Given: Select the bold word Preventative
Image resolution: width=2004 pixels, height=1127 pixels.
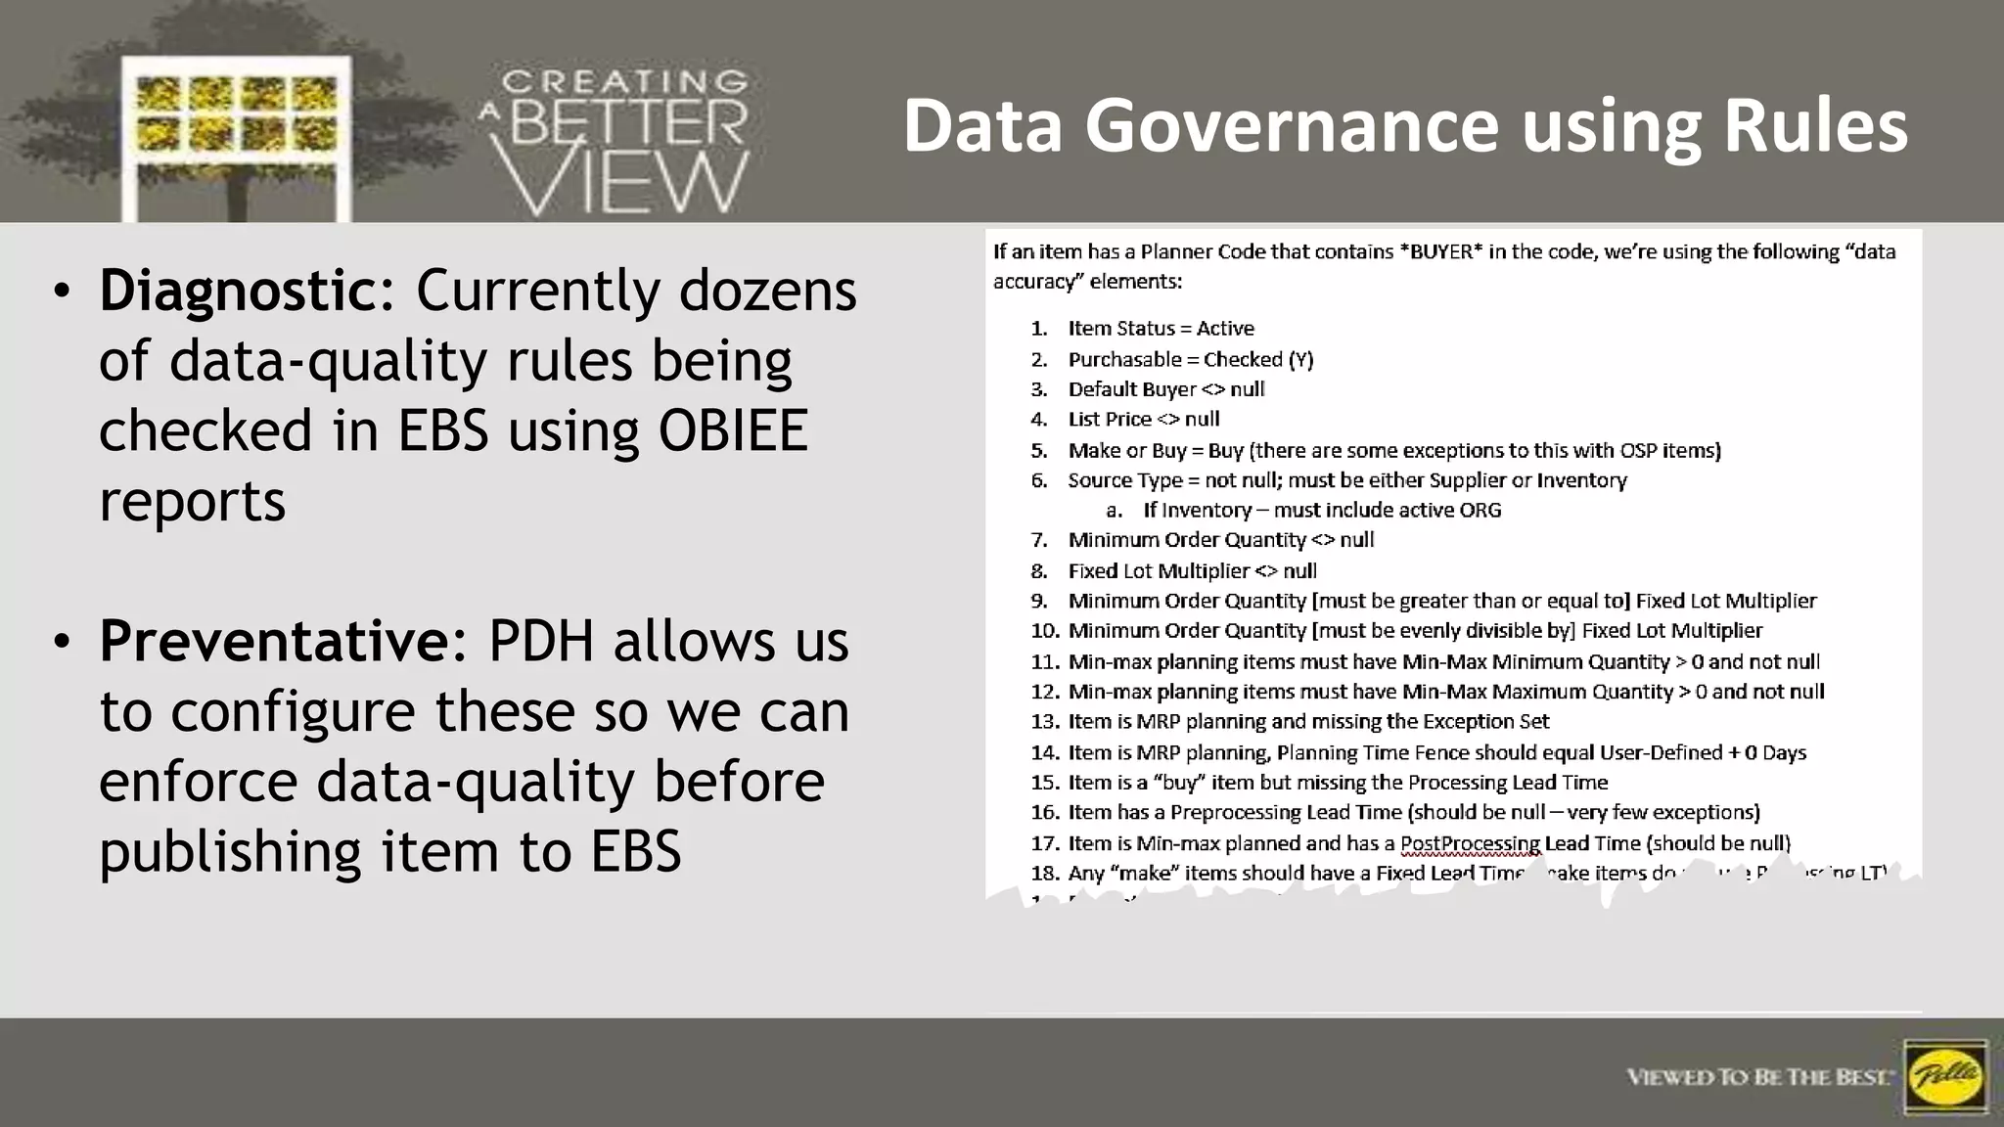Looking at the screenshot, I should pyautogui.click(x=274, y=641).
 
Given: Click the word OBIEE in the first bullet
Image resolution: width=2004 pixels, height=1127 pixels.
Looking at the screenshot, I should pyautogui.click(x=733, y=430).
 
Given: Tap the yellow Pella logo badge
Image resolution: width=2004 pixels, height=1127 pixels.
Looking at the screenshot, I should pyautogui.click(x=1945, y=1076).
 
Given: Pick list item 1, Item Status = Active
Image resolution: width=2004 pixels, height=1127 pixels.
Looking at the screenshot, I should pyautogui.click(x=1160, y=329).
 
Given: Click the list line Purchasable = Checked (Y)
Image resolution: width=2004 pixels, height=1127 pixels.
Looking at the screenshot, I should pyautogui.click(x=1190, y=360).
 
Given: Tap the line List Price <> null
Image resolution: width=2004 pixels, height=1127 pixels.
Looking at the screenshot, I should pyautogui.click(x=1143, y=420).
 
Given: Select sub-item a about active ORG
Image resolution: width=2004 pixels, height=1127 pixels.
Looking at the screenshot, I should pyautogui.click(x=1321, y=510).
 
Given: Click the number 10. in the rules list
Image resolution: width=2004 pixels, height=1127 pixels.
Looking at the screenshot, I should pyautogui.click(x=1044, y=631).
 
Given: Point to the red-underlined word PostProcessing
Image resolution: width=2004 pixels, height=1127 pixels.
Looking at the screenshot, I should pyautogui.click(x=1470, y=843).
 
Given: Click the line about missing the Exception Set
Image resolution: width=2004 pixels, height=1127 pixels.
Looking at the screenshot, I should pyautogui.click(x=1308, y=722).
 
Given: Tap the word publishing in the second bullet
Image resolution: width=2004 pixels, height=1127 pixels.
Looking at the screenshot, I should pyautogui.click(x=230, y=851).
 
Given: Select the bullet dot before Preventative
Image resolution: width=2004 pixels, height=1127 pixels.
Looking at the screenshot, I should pyautogui.click(x=62, y=643).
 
